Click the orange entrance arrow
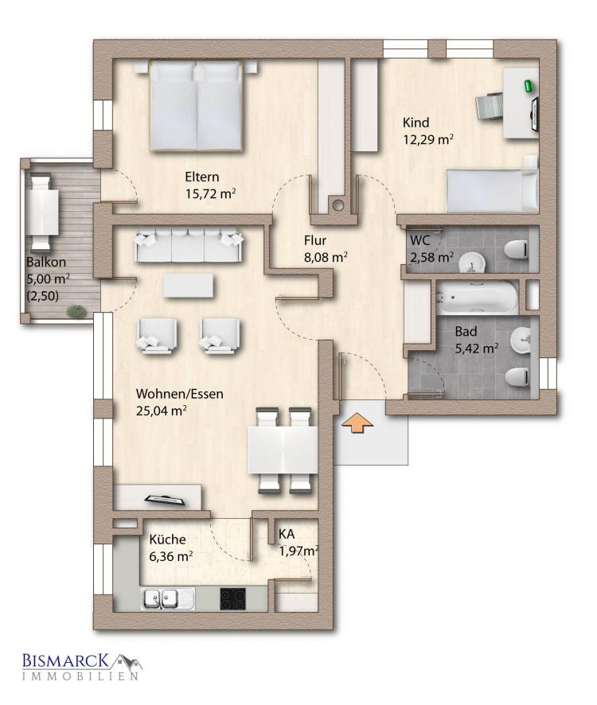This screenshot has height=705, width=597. pyautogui.click(x=357, y=423)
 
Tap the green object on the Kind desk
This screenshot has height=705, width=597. pyautogui.click(x=528, y=85)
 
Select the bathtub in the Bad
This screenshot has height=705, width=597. pyautogui.click(x=477, y=297)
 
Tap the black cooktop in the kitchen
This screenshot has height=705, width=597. pyautogui.click(x=232, y=598)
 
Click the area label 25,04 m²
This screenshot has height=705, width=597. pyautogui.click(x=161, y=411)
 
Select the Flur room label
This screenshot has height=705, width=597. pyautogui.click(x=315, y=240)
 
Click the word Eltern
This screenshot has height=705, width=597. pyautogui.click(x=202, y=177)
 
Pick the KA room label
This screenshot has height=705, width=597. pyautogui.click(x=287, y=534)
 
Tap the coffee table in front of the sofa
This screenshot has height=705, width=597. pyautogui.click(x=188, y=286)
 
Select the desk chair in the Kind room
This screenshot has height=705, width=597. pyautogui.click(x=490, y=107)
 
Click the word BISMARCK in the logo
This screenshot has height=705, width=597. pyautogui.click(x=65, y=660)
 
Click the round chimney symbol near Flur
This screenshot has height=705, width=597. pyautogui.click(x=338, y=205)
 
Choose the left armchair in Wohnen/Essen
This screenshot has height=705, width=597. pyautogui.click(x=157, y=334)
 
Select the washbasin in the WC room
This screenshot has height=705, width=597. pyautogui.click(x=471, y=262)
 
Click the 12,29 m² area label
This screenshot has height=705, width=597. pyautogui.click(x=427, y=139)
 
